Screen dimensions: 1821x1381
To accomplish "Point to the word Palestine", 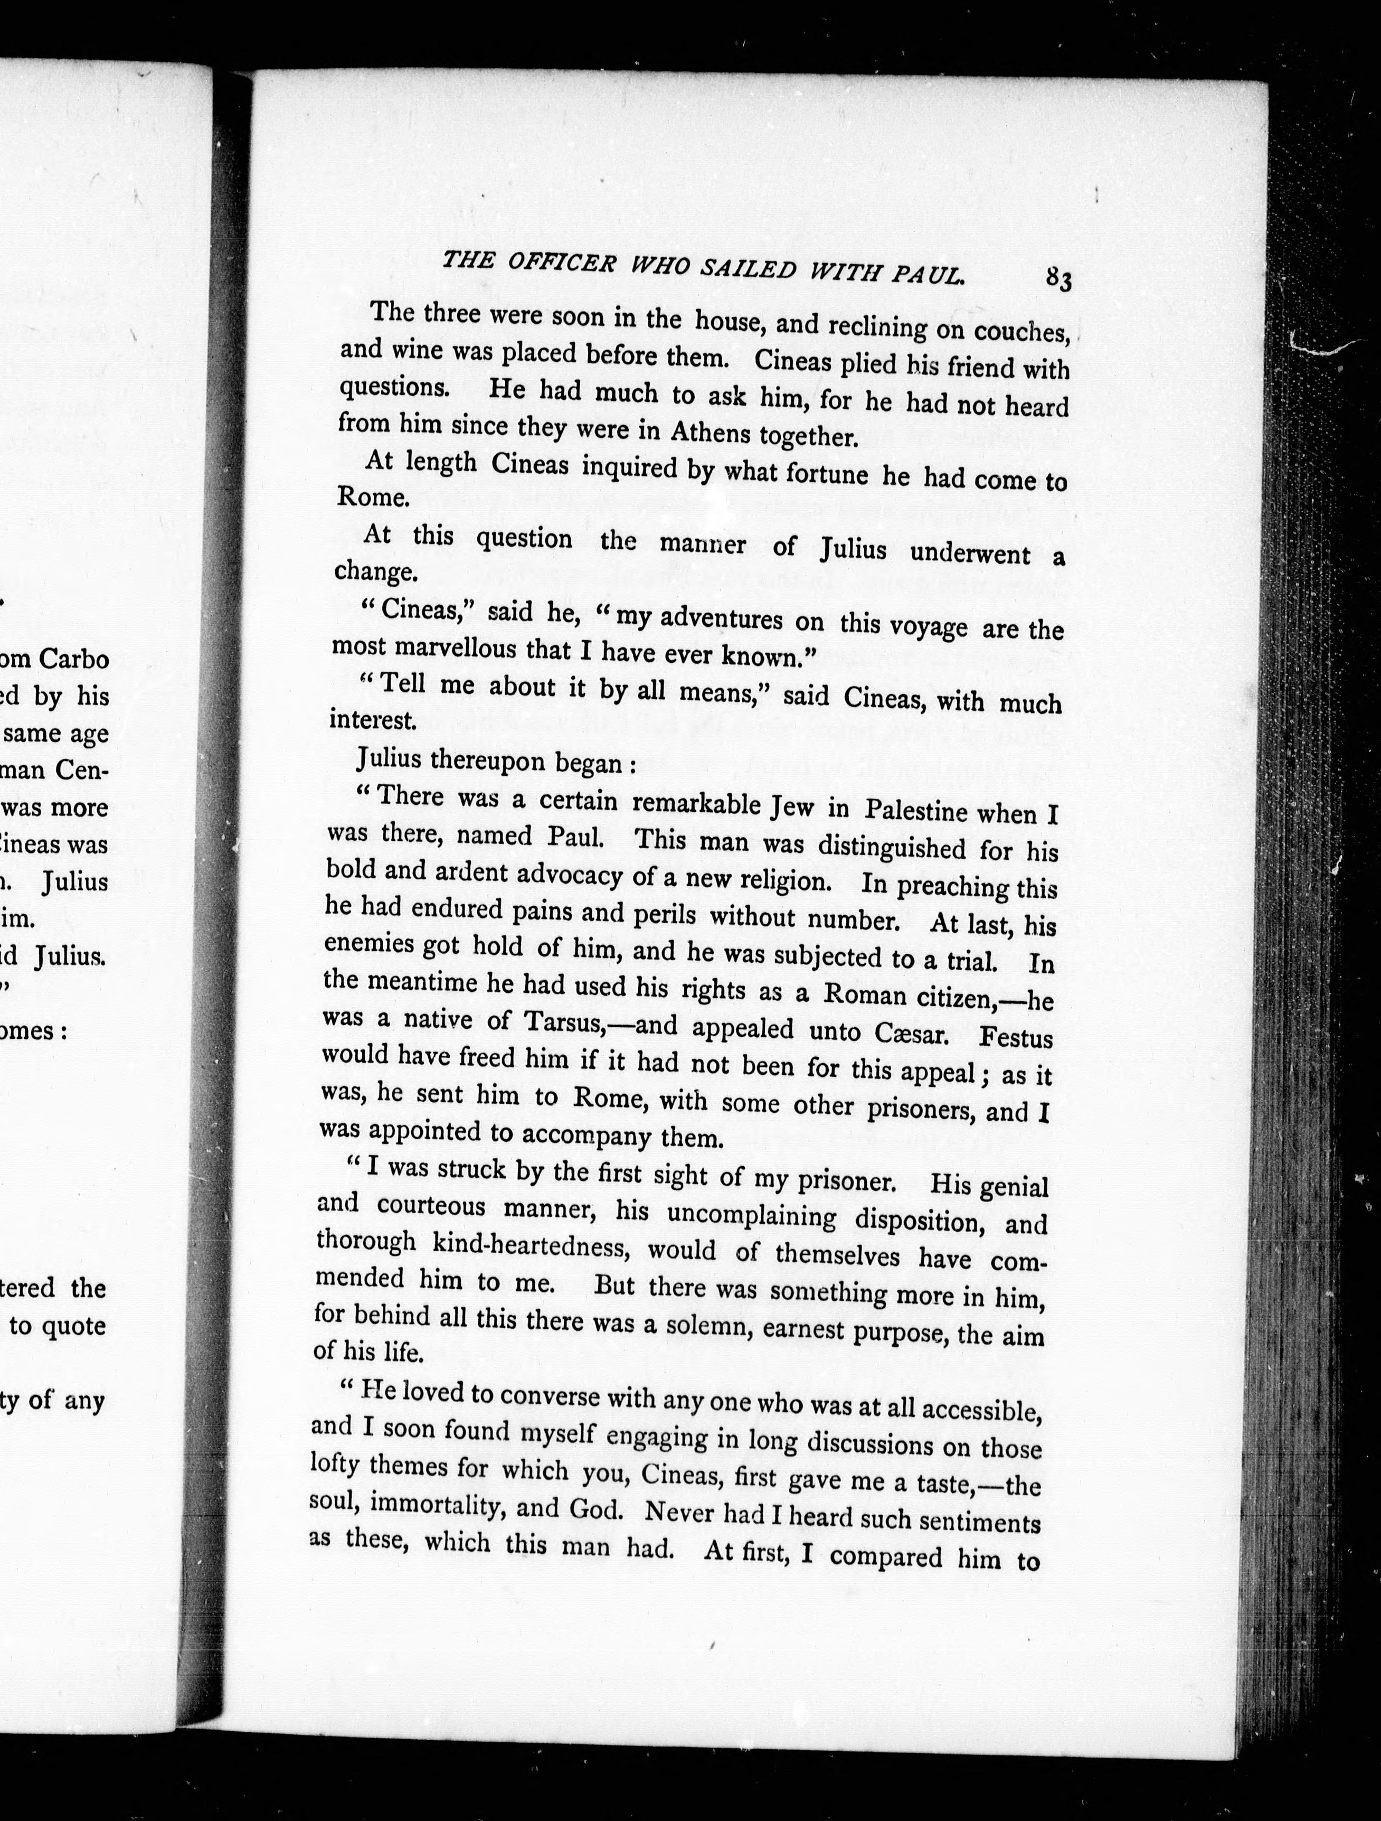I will coord(915,810).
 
